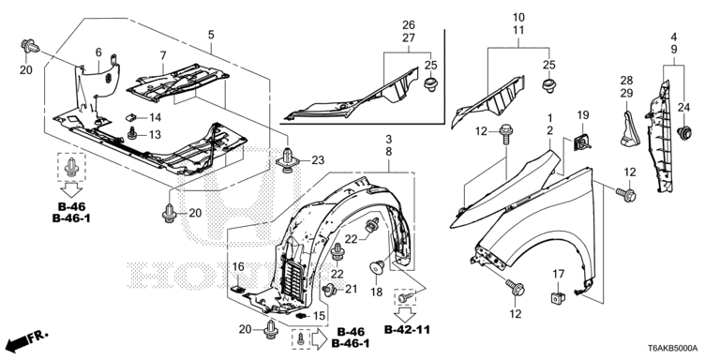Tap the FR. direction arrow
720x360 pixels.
pos(26,339)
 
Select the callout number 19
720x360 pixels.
pos(581,114)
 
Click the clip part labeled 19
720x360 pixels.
pos(580,142)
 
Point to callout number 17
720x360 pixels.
pos(557,274)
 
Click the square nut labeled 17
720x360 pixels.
pos(556,298)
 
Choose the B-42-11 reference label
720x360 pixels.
pos(409,329)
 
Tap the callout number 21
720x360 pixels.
pos(352,289)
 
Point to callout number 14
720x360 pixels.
pos(156,117)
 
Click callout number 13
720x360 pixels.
pos(156,135)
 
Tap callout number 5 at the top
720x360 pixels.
pos(211,35)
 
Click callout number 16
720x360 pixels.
pos(239,267)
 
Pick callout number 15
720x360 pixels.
pos(318,315)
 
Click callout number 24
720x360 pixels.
pos(683,106)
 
